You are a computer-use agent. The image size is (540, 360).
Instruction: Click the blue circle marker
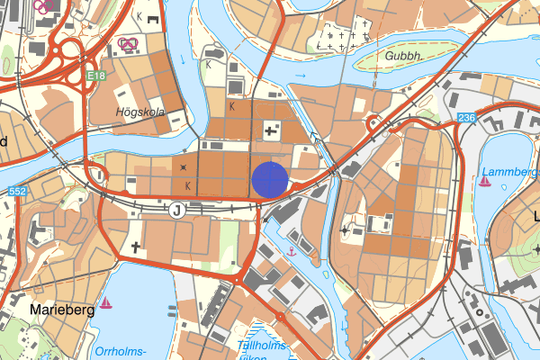click(269, 178)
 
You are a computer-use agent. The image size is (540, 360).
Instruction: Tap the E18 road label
click(97, 77)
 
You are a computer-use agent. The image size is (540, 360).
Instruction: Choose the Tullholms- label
click(261, 344)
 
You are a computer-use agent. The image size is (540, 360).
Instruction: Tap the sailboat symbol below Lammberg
click(485, 182)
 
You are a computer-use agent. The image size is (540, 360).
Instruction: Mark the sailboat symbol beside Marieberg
click(106, 303)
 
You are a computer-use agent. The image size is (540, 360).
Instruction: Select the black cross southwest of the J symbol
click(137, 247)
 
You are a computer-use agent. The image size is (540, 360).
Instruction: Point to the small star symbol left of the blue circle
click(184, 167)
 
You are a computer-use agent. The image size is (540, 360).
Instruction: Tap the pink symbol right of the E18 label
click(129, 42)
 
